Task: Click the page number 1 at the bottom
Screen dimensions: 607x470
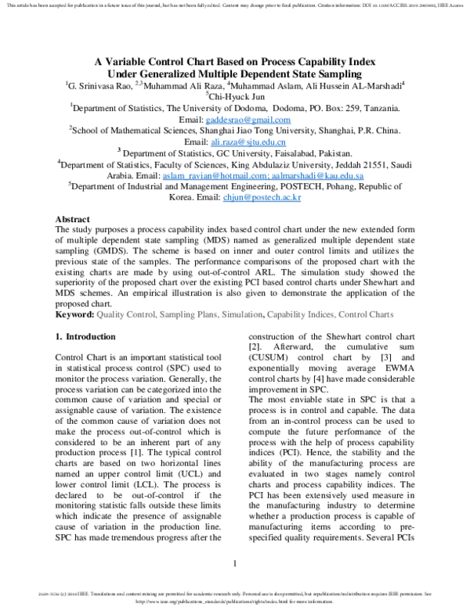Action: click(235, 564)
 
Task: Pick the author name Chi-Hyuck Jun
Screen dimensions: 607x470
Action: click(239, 97)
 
